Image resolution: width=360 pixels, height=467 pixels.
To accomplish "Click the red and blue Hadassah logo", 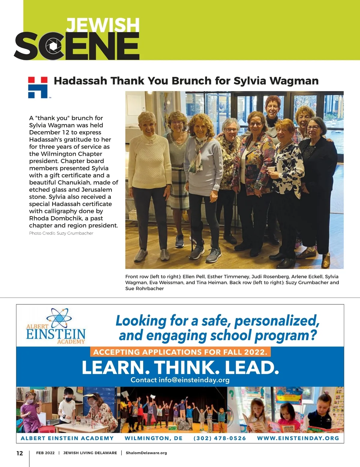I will [x=38, y=87].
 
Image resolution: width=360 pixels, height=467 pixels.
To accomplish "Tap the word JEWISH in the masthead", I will [x=103, y=25].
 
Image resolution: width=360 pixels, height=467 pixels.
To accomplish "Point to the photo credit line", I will [x=61, y=233].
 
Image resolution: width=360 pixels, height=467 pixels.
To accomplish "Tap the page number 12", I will [x=19, y=453].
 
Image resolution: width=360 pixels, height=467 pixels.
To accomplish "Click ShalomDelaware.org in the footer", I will [x=146, y=453].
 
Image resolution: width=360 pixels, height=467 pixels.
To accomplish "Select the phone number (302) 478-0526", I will [x=220, y=438].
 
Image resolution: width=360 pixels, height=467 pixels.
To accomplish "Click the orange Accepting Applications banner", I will [x=180, y=352].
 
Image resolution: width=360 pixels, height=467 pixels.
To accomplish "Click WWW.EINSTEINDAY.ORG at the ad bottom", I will [x=298, y=438].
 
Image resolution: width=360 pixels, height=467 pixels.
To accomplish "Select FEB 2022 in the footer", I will [x=45, y=453].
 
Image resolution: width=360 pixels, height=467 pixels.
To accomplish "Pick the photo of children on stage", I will [x=174, y=409].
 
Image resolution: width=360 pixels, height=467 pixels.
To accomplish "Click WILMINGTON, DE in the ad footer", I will [x=154, y=438].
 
